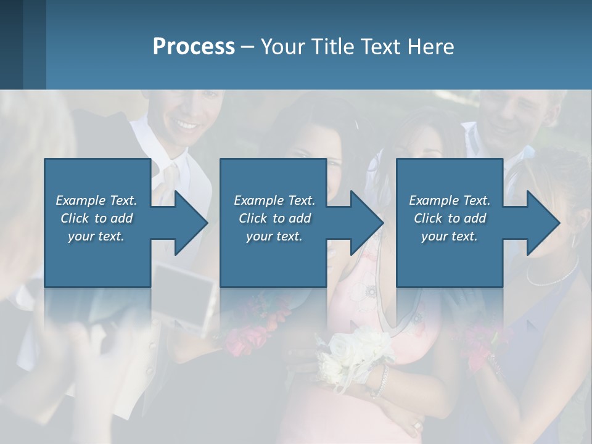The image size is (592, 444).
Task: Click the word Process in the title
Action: (194, 47)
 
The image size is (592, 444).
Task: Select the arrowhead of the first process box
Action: (190, 223)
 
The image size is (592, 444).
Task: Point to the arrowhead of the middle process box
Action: (366, 223)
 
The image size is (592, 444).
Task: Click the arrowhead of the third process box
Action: (542, 223)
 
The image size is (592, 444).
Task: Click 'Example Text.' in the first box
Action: (96, 200)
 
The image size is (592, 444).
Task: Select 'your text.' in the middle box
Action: (274, 236)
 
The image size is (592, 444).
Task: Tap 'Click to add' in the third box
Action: (450, 218)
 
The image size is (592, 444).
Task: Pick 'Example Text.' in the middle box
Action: (274, 200)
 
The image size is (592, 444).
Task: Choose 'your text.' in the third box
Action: (450, 236)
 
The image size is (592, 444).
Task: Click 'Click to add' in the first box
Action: (96, 218)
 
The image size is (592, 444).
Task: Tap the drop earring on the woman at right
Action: (574, 239)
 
